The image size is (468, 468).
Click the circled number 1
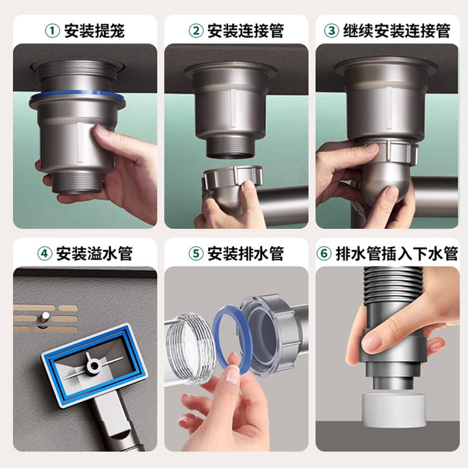point(52,31)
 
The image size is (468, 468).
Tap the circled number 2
point(196,31)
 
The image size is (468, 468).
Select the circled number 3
point(331,31)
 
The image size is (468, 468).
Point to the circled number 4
point(44,253)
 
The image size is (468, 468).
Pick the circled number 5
point(196,253)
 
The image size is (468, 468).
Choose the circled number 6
point(324,253)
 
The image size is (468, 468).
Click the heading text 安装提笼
point(94,31)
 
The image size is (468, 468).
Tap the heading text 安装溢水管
point(94,253)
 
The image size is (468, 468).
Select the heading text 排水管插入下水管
point(396,253)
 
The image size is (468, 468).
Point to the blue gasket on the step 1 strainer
point(77,95)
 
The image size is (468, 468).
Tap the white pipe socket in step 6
point(393,406)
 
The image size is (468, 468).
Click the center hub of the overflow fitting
point(94,365)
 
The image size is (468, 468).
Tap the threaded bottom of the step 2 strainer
point(230,148)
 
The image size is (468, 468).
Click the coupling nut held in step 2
point(233,179)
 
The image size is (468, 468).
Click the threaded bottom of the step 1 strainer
point(77,182)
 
